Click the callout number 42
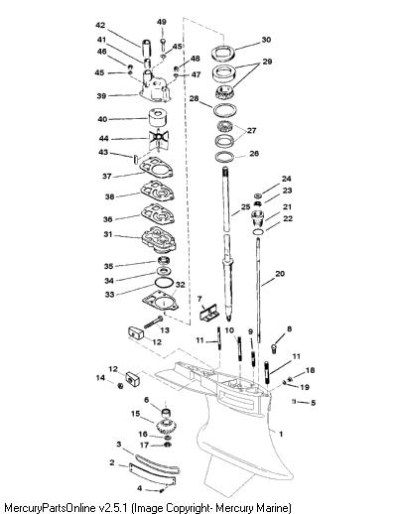(100, 25)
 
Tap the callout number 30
(266, 40)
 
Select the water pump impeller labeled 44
(158, 139)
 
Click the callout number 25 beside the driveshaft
(245, 207)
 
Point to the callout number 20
(280, 274)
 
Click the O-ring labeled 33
(164, 283)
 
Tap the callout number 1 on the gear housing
(281, 434)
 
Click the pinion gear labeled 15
(168, 426)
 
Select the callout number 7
(199, 299)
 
